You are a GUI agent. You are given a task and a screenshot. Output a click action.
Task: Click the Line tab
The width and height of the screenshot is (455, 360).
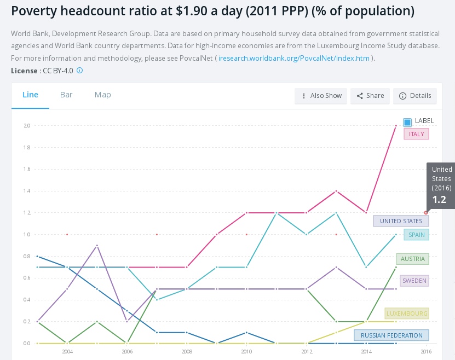click(x=30, y=95)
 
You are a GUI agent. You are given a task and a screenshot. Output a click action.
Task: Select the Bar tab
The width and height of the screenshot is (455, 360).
click(x=66, y=95)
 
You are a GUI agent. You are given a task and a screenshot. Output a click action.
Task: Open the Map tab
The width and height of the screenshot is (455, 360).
click(x=102, y=95)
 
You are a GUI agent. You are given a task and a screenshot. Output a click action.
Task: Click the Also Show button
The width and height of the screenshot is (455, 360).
click(x=320, y=96)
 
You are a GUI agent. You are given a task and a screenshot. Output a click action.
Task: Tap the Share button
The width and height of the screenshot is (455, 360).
click(x=370, y=96)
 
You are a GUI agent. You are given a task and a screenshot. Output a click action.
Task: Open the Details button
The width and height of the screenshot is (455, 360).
click(x=415, y=96)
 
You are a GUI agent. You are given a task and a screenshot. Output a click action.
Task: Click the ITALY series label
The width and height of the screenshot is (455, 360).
click(x=416, y=134)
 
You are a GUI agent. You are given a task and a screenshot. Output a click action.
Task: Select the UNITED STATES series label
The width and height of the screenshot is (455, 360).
click(x=401, y=221)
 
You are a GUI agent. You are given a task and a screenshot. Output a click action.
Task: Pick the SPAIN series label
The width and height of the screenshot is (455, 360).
click(x=416, y=235)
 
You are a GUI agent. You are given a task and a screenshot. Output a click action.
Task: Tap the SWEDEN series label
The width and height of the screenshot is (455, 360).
click(x=414, y=281)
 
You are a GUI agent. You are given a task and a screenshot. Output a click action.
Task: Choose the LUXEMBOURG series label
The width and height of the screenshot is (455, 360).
click(x=406, y=313)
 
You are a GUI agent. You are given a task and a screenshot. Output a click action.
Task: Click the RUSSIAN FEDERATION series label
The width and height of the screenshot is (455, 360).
click(x=391, y=335)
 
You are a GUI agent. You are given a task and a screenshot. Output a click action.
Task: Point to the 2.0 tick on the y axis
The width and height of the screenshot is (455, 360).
click(x=27, y=126)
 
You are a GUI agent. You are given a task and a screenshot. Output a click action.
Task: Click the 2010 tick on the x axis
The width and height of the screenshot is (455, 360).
click(x=246, y=351)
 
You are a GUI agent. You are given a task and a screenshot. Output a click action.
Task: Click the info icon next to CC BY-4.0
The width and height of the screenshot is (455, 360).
click(x=79, y=71)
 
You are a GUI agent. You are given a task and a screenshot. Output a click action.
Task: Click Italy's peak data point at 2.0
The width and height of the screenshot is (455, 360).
click(x=396, y=126)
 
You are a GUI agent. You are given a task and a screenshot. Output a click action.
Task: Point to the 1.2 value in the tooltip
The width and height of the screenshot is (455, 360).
click(x=440, y=200)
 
